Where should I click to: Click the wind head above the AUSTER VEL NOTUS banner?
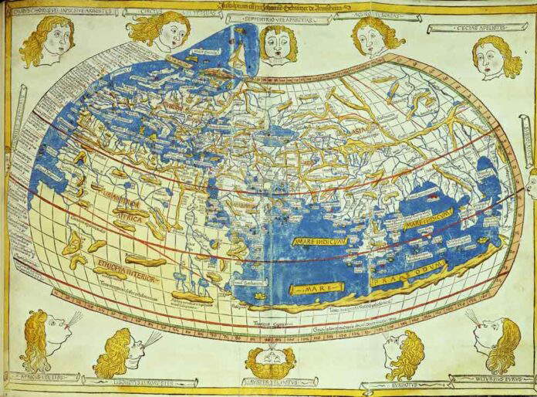tap(269, 360)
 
